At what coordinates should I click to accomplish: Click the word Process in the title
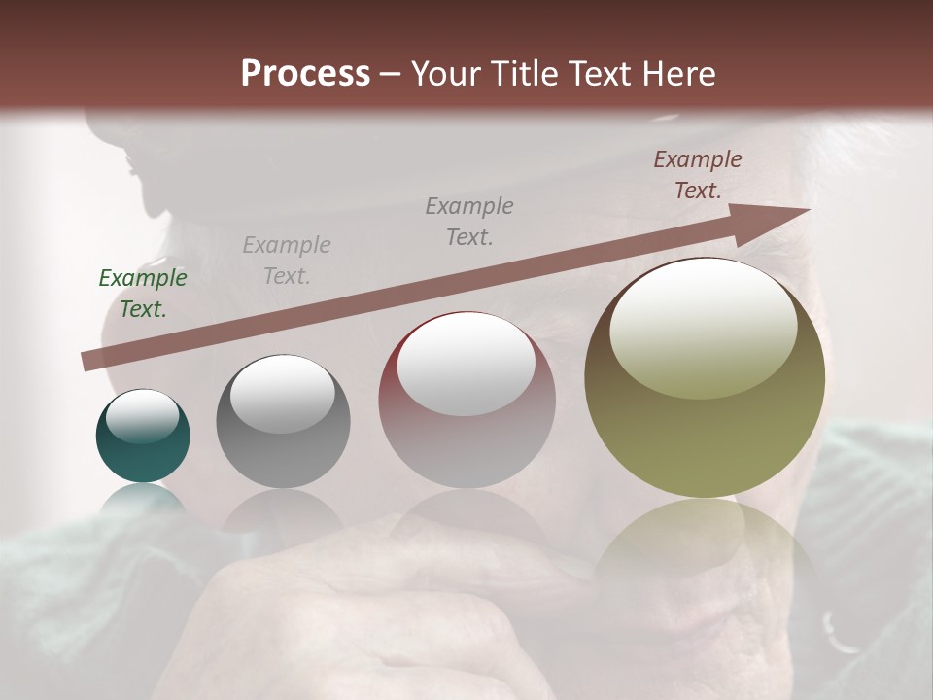[x=305, y=74]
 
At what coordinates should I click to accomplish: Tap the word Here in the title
[x=677, y=74]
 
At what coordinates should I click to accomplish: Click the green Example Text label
[x=143, y=294]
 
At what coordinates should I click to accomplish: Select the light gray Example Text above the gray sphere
[x=287, y=261]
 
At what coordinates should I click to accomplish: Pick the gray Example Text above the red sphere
[x=469, y=222]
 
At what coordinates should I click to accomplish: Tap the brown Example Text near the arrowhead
[x=698, y=175]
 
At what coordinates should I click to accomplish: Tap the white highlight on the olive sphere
[x=704, y=329]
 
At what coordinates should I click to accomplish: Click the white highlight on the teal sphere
[x=143, y=417]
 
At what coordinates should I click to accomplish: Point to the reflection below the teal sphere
[x=143, y=498]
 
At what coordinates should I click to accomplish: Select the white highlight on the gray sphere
[x=283, y=394]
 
